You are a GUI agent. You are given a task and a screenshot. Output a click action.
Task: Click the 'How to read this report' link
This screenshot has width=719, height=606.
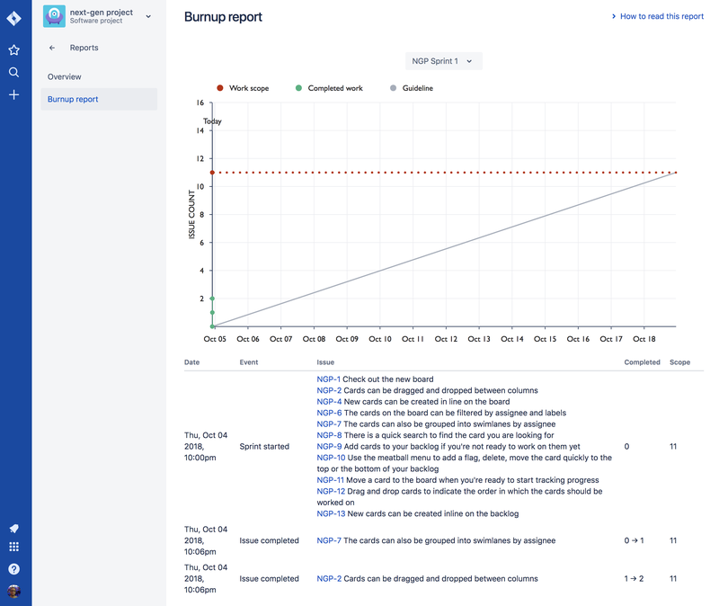coord(661,16)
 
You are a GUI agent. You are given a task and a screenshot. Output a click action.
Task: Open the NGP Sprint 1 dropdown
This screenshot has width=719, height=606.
coord(444,61)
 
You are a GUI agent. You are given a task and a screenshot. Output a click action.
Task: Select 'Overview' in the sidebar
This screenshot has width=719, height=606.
coord(65,77)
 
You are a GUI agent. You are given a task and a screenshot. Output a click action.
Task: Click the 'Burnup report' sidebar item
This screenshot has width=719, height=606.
coord(73,99)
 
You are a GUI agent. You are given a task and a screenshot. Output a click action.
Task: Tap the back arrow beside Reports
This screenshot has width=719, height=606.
coord(52,48)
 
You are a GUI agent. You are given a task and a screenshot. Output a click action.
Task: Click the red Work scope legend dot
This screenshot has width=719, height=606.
coord(220,88)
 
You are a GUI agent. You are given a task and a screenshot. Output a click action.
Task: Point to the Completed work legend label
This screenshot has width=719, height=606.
coord(335,88)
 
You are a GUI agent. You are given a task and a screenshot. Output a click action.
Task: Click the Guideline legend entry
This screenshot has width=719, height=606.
coord(417,88)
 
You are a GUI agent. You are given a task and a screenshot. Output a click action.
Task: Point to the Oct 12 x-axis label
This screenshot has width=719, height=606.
coord(446,339)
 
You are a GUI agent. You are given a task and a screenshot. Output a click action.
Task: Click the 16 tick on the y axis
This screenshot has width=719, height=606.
coord(200,102)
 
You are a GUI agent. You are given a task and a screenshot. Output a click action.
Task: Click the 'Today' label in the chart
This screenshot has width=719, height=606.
coord(212,121)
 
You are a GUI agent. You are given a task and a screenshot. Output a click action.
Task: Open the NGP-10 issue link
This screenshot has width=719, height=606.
coord(329,458)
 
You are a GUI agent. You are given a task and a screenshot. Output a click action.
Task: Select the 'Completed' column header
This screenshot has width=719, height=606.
coord(642,361)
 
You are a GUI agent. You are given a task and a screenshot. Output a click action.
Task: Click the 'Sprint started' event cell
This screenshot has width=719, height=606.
coord(264,446)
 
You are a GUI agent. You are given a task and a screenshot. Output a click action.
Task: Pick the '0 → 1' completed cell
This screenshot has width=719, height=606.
coord(635,540)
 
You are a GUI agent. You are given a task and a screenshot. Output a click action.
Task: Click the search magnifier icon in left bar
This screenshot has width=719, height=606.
coord(13,72)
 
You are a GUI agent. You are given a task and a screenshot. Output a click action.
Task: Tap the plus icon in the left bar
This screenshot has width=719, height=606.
coord(13,94)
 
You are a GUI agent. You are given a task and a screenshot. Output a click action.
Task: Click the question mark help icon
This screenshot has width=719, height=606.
coord(13,568)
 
